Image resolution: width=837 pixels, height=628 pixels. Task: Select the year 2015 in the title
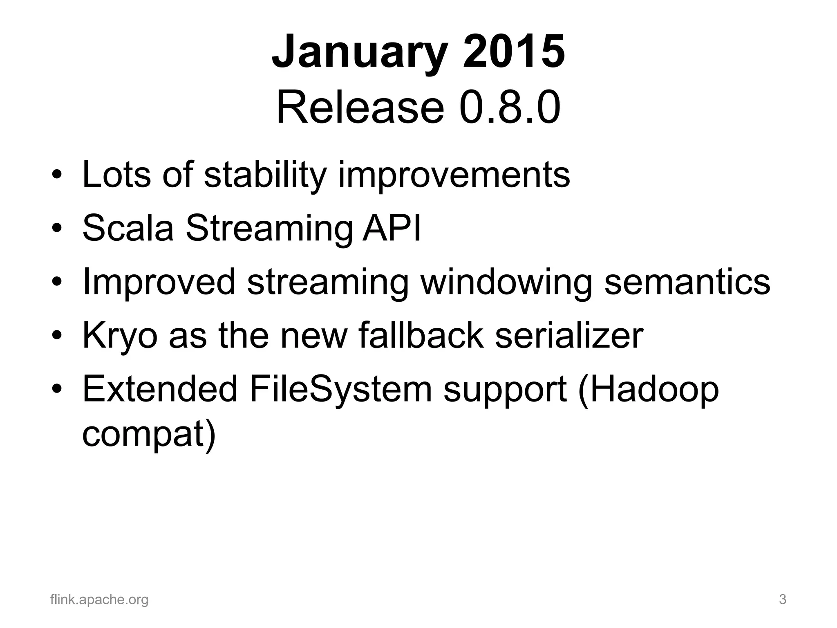coord(514,52)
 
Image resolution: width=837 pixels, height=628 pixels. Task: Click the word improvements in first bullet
coord(454,175)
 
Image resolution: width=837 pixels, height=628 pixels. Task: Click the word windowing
coord(506,282)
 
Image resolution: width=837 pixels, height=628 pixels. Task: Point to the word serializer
coord(569,335)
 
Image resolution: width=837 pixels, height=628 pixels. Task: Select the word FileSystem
coord(341,389)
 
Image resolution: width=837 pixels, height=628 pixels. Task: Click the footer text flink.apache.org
coord(99,600)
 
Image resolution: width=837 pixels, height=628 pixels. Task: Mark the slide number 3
coord(783,600)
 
